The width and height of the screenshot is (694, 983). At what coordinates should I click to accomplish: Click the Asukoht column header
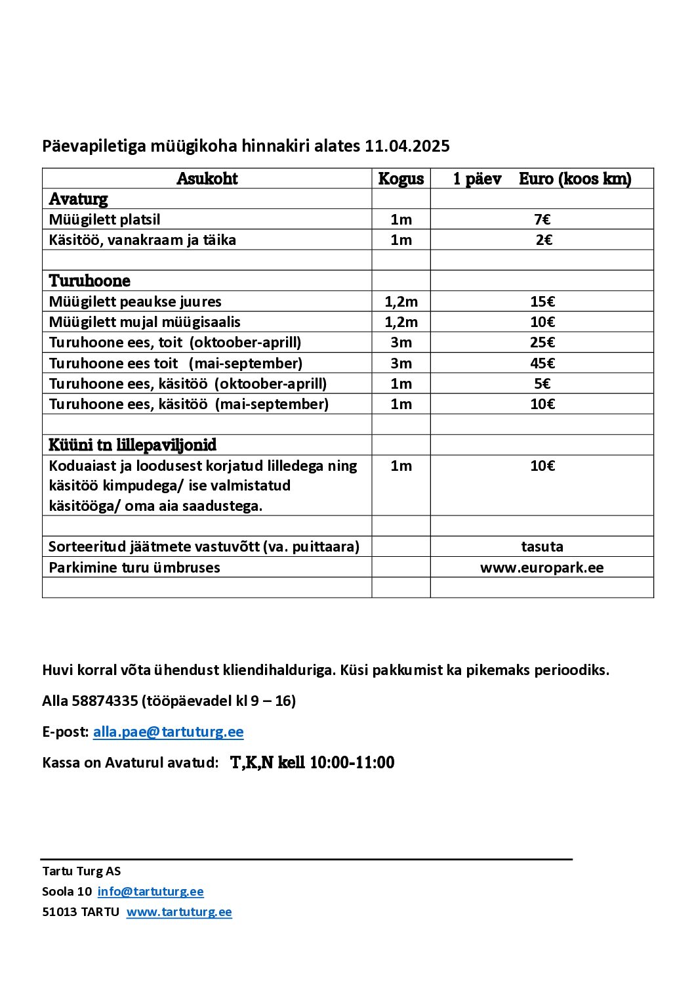pyautogui.click(x=207, y=179)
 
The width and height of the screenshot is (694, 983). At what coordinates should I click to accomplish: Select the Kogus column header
pyautogui.click(x=401, y=179)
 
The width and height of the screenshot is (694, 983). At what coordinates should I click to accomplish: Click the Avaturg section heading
pyautogui.click(x=78, y=199)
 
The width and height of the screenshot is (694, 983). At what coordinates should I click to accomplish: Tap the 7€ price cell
pyautogui.click(x=542, y=219)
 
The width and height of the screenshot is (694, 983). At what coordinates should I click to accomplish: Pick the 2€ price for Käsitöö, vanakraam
pyautogui.click(x=544, y=240)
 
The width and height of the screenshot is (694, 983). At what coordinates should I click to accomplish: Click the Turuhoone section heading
pyautogui.click(x=89, y=281)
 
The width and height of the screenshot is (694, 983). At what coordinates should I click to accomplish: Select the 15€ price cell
pyautogui.click(x=542, y=301)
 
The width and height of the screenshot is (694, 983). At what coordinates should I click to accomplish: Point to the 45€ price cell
pyautogui.click(x=542, y=363)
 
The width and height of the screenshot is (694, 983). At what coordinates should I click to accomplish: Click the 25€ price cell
pyautogui.click(x=542, y=342)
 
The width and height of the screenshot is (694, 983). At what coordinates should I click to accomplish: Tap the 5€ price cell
pyautogui.click(x=542, y=383)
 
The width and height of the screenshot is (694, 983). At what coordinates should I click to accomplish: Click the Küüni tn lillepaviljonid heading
pyautogui.click(x=133, y=445)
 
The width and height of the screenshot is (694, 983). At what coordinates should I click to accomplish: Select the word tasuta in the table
pyautogui.click(x=542, y=546)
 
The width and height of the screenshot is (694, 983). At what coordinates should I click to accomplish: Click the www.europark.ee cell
pyautogui.click(x=542, y=567)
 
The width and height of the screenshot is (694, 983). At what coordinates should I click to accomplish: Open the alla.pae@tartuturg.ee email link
pyautogui.click(x=168, y=732)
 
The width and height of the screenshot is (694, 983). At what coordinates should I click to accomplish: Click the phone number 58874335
pyautogui.click(x=104, y=701)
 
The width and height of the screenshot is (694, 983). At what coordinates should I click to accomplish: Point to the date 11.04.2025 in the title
pyautogui.click(x=407, y=146)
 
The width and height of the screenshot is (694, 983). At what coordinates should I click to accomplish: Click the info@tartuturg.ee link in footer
pyautogui.click(x=150, y=891)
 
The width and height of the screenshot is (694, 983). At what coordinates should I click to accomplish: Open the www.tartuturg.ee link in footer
pyautogui.click(x=179, y=911)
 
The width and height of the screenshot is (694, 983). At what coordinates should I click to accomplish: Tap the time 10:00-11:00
pyautogui.click(x=352, y=762)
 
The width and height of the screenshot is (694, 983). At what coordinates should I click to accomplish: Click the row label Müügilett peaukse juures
pyautogui.click(x=135, y=301)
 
